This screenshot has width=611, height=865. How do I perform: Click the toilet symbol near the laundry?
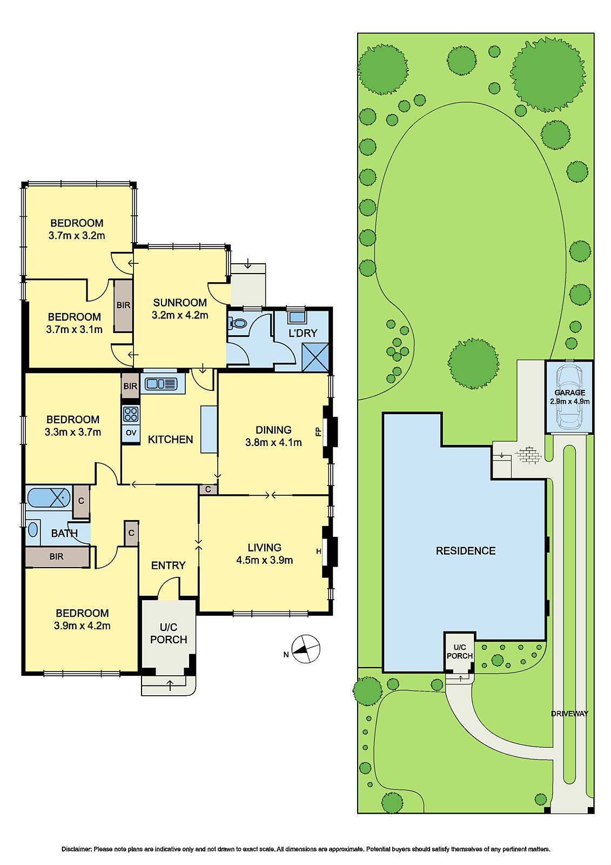[237, 323]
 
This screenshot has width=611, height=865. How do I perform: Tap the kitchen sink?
[162, 383]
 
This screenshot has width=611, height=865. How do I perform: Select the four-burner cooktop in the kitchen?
[131, 414]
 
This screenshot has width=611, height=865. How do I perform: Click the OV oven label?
[131, 433]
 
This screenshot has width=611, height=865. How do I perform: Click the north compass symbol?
[306, 649]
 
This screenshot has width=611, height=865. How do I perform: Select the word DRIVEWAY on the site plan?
[569, 714]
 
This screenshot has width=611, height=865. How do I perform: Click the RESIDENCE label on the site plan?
[466, 551]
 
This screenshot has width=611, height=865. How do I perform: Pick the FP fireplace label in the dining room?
[318, 431]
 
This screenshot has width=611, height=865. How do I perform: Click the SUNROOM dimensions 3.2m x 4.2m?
[180, 315]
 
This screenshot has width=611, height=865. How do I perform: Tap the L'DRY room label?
[303, 333]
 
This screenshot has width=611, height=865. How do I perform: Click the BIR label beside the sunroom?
[124, 305]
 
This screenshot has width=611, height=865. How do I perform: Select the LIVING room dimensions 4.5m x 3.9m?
[264, 560]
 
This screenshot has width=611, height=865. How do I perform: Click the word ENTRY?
[169, 565]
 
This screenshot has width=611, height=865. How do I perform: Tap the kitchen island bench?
[209, 429]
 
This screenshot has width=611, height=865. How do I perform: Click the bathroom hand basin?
[33, 529]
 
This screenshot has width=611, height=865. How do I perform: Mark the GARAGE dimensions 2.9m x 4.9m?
[570, 401]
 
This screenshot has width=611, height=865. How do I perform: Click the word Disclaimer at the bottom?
[76, 849]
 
